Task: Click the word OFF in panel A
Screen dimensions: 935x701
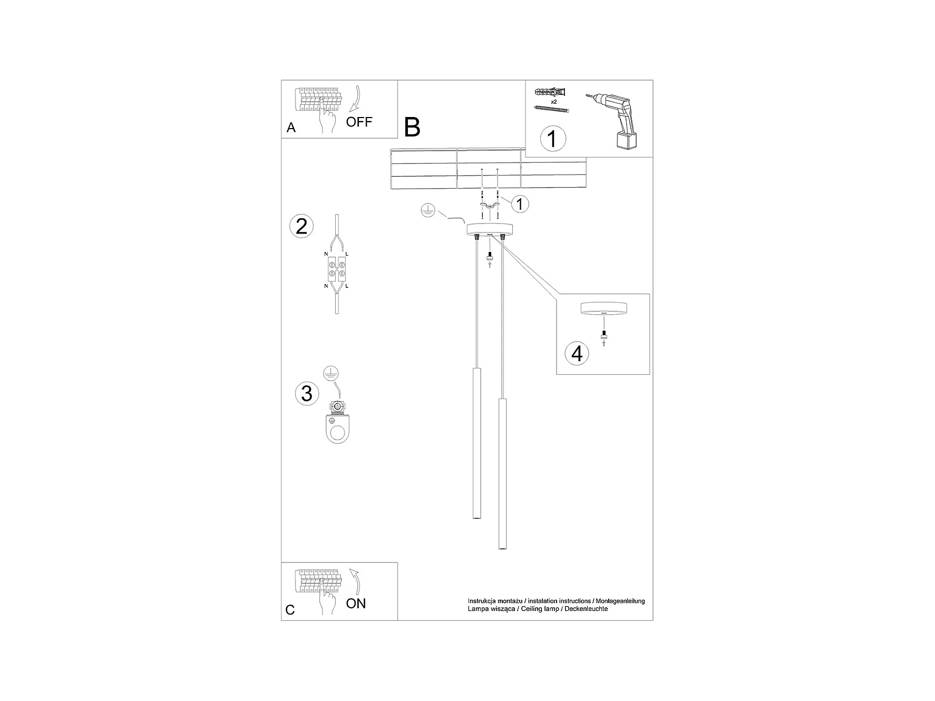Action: tap(359, 122)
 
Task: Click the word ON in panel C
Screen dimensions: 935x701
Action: tap(356, 603)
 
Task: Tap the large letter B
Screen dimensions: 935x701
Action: tap(412, 127)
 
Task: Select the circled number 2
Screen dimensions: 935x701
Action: tap(301, 226)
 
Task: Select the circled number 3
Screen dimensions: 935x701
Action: tap(307, 393)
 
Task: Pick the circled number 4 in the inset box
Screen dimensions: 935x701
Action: tap(577, 353)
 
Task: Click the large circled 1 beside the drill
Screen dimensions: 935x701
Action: tap(552, 139)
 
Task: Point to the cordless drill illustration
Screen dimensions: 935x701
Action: tap(616, 119)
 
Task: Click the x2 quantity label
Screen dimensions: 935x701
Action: tap(554, 101)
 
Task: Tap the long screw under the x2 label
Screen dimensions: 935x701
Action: tap(552, 109)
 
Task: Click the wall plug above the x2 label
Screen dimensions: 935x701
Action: tap(552, 93)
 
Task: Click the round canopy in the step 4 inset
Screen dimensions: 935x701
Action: tap(603, 308)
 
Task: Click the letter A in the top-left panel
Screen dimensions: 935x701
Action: tap(291, 128)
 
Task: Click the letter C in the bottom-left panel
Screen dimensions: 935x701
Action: tap(290, 610)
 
